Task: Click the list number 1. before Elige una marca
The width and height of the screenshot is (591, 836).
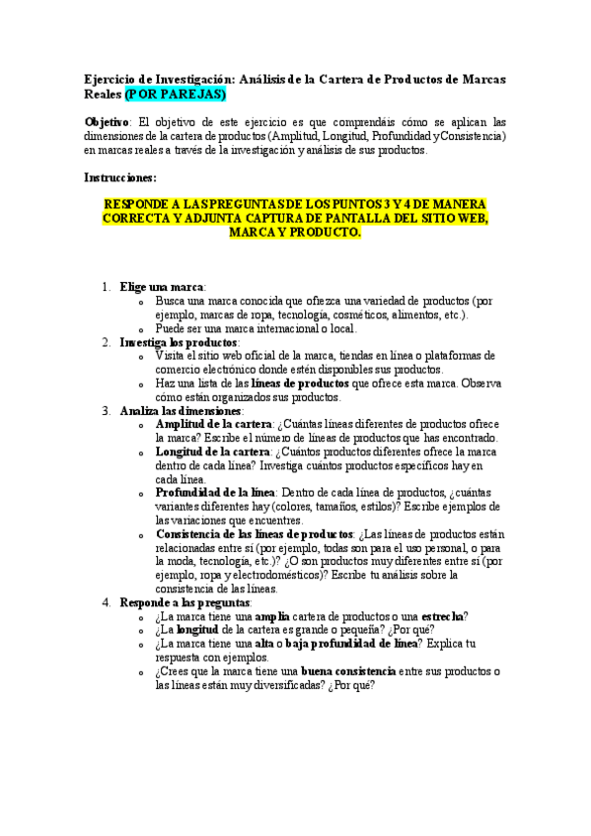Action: [x=107, y=287]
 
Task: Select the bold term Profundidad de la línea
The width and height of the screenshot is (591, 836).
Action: [x=215, y=492]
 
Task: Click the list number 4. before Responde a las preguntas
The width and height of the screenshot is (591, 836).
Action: [x=107, y=602]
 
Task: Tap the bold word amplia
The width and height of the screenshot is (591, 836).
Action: [x=272, y=616]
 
